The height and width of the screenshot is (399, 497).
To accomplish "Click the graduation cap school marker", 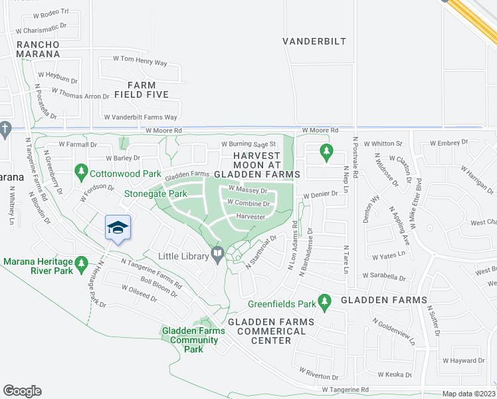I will tap(118, 227).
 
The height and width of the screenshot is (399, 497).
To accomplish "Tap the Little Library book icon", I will tap(218, 253).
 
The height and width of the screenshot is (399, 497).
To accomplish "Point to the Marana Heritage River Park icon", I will tap(82, 263).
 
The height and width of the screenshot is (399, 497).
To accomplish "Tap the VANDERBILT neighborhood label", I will tap(314, 41).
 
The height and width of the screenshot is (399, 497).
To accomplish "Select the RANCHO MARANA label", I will tap(39, 49).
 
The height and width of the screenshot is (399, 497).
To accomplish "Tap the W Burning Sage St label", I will tap(248, 144).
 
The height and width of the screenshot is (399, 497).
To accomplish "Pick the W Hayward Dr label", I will tap(462, 360).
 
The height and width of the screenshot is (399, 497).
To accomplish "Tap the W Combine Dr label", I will tap(248, 203).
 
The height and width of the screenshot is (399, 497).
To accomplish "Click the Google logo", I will tap(22, 390).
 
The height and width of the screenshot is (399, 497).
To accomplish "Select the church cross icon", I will tap(5, 128).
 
